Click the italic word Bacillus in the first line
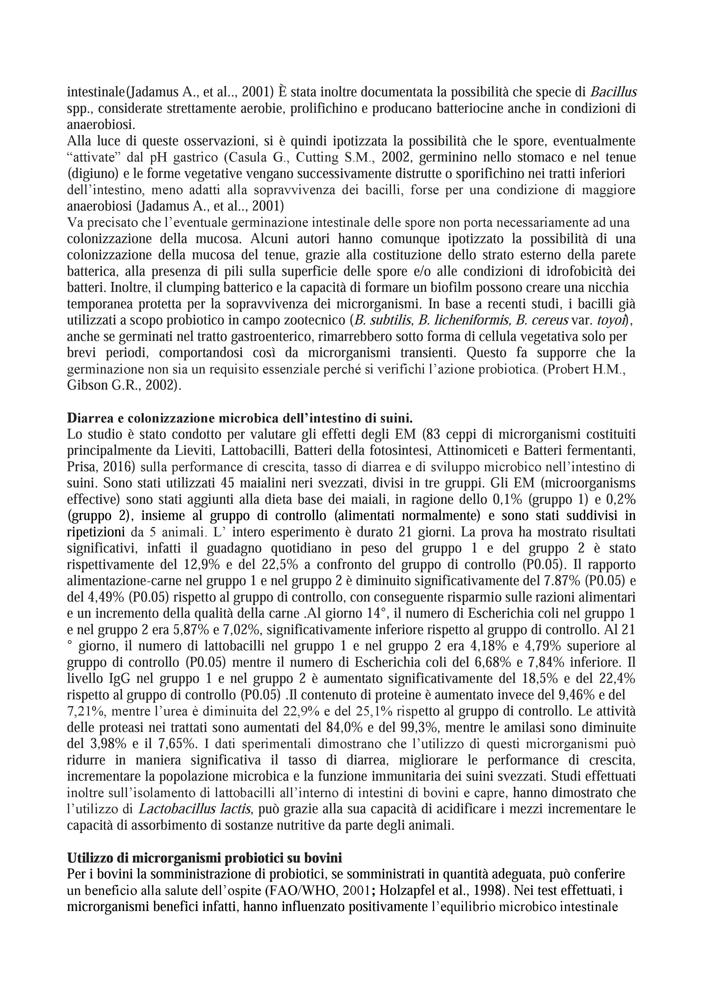pos(613,92)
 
